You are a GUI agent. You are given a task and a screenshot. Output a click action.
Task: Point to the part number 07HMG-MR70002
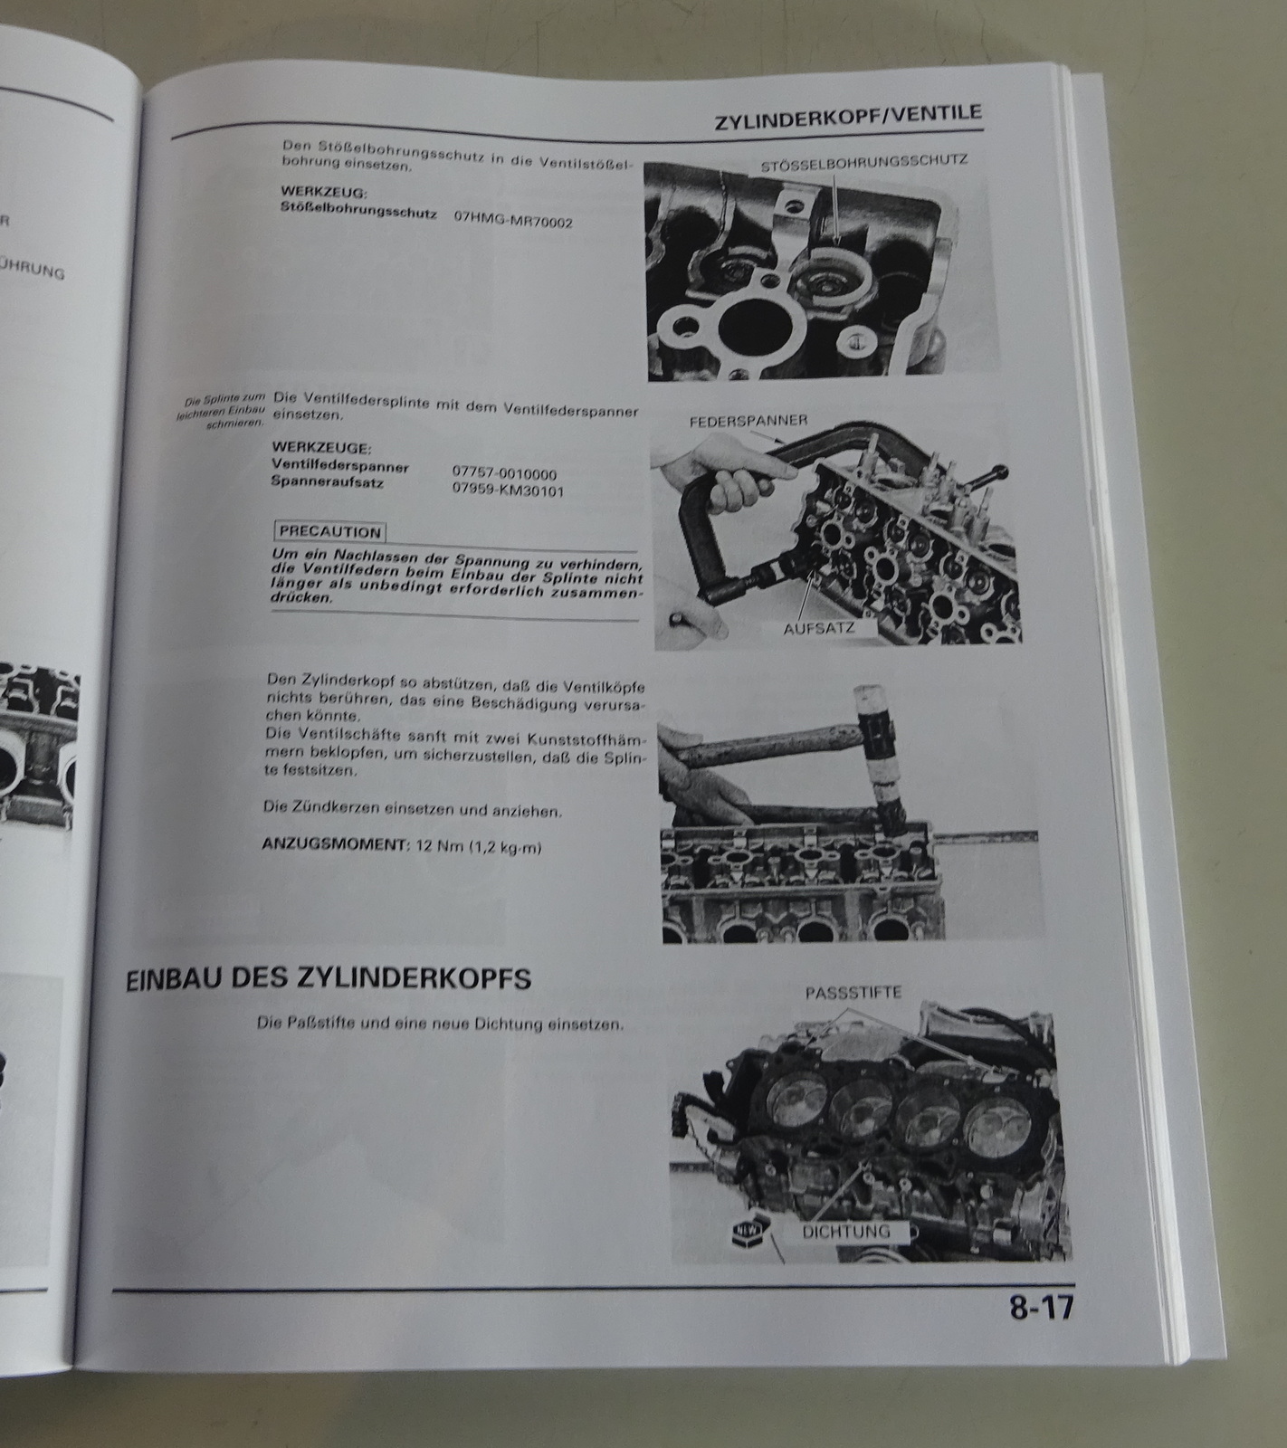click(513, 222)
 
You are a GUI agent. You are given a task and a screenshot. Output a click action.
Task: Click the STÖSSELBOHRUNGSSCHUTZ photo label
click(864, 162)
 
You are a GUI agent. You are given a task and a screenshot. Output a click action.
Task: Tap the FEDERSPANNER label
click(748, 422)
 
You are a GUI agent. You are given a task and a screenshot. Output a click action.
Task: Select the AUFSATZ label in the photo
click(817, 627)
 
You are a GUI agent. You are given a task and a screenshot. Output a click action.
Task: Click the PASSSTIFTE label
click(853, 994)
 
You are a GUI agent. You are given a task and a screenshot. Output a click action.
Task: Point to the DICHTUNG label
click(845, 1231)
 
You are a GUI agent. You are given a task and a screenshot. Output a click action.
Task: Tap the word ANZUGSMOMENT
click(332, 843)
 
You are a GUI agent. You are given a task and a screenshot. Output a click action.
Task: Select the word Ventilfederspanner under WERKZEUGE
click(339, 466)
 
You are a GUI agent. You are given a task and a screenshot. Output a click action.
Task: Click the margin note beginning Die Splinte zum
click(223, 412)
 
